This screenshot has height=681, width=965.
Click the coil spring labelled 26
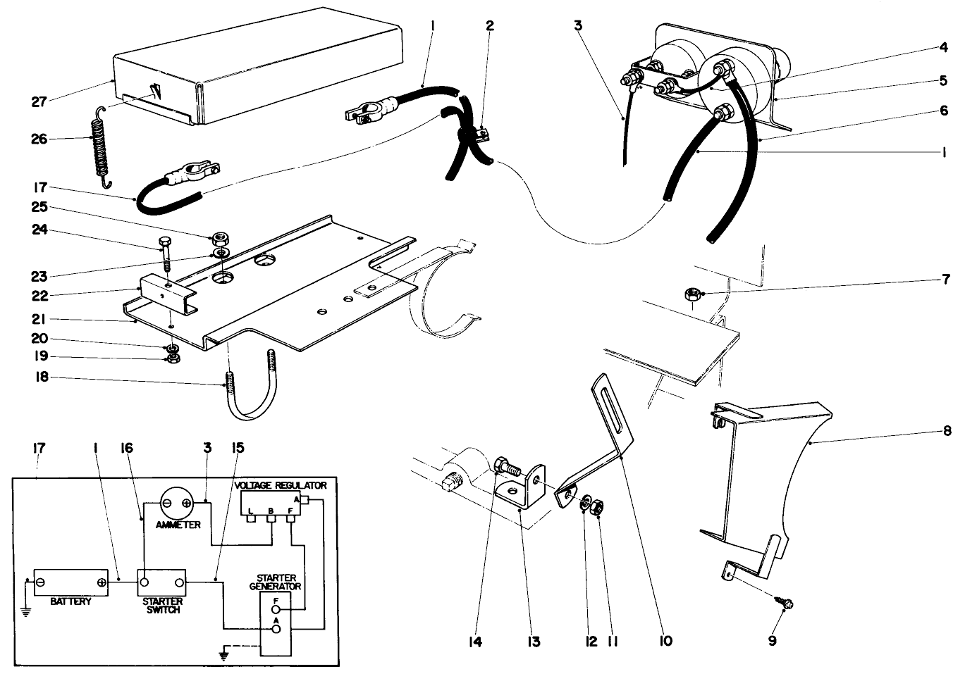(103, 147)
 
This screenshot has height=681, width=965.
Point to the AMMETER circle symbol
(178, 503)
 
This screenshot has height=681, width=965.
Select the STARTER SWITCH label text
(163, 606)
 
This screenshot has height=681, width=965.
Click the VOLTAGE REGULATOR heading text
(281, 485)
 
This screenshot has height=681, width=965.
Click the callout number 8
(947, 430)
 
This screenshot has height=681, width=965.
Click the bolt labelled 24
(166, 255)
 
